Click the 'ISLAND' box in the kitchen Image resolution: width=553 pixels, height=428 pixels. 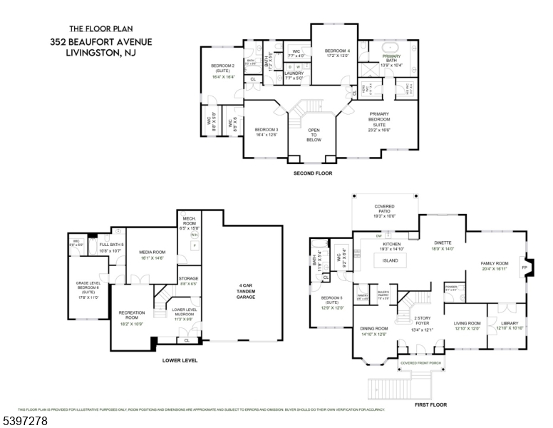390,260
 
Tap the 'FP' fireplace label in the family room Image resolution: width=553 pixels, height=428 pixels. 525,268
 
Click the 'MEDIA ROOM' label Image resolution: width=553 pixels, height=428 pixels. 152,252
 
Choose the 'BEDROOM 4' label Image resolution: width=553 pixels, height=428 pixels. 338,51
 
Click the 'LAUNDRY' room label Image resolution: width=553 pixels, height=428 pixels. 294,73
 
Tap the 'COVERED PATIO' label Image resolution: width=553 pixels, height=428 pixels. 384,209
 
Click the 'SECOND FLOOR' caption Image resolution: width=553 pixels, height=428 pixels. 313,173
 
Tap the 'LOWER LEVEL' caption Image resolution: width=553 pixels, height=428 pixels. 180,360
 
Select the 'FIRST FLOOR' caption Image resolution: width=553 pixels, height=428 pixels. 429,404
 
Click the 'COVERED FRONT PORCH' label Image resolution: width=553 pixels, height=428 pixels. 420,363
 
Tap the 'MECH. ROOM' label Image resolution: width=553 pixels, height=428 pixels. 189,220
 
